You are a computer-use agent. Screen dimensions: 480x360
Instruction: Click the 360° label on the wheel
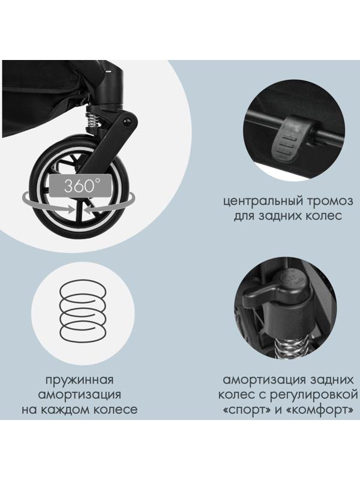click(79, 185)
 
